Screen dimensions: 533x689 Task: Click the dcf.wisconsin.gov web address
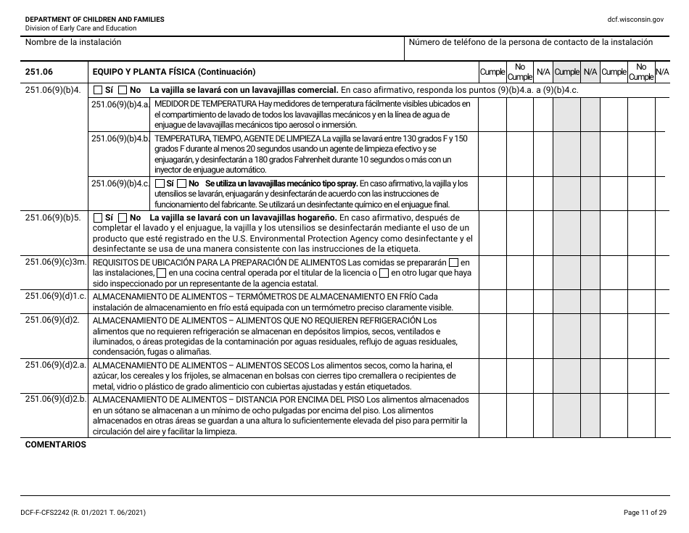[636, 19]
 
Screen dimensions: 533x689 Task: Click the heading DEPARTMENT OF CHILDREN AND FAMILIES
[94, 19]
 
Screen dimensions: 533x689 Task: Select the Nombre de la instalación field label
[73, 42]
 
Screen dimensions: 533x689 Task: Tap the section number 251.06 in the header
[38, 72]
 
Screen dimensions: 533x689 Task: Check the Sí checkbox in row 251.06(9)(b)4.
[98, 91]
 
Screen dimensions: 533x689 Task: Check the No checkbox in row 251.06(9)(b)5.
[124, 218]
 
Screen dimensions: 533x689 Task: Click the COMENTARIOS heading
[55, 445]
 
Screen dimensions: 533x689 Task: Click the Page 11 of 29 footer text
[644, 513]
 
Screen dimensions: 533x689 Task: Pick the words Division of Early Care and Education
[81, 28]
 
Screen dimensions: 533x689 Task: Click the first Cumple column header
[492, 72]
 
